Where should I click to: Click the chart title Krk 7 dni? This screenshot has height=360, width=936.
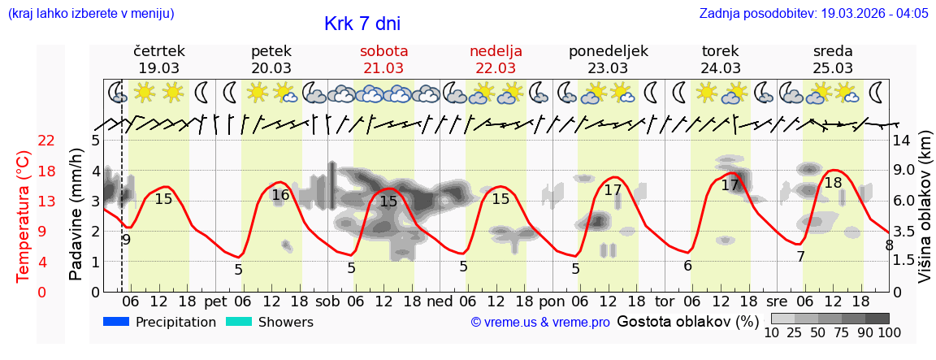click(362, 24)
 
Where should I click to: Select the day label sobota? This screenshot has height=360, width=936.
click(383, 51)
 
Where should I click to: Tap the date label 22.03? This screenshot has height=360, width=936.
click(496, 68)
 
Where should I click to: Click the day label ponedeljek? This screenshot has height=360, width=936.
click(609, 51)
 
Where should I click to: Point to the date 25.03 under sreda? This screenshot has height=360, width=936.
click(833, 68)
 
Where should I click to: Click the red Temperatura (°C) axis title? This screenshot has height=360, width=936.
click(24, 216)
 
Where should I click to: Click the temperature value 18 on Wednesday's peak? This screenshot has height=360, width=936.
click(833, 183)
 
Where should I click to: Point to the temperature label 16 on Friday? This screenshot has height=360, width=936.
click(280, 195)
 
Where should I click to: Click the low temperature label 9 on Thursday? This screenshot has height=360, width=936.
click(126, 240)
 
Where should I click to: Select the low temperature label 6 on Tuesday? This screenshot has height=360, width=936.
click(687, 266)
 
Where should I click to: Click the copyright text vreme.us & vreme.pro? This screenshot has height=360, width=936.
click(540, 323)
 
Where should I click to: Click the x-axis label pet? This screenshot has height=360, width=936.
click(215, 301)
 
